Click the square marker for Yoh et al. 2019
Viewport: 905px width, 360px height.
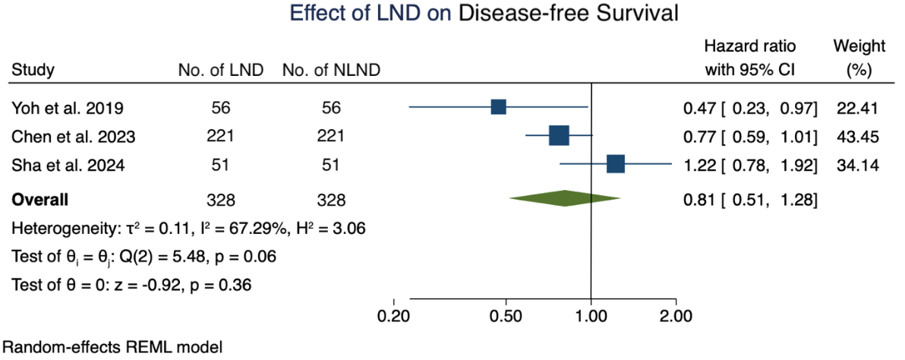498,106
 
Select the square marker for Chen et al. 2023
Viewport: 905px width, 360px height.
558,136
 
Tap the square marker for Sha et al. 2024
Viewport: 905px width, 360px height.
615,163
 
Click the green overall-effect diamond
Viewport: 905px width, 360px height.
565,200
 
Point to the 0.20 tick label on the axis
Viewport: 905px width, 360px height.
394,315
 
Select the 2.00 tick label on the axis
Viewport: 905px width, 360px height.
676,315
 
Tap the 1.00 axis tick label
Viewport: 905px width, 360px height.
591,315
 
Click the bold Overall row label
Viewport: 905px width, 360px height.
39,201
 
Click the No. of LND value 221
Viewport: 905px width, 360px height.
220,136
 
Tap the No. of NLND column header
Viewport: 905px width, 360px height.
331,71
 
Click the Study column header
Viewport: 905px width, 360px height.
33,71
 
